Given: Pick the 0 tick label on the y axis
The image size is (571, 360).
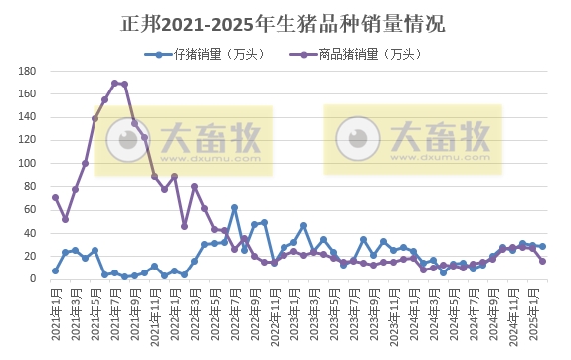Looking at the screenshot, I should [x=34, y=279].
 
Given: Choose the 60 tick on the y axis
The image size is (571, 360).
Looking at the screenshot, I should [x=31, y=210].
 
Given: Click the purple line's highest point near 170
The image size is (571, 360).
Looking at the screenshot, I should [x=114, y=83].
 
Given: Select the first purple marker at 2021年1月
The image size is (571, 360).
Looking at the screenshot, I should [x=55, y=197].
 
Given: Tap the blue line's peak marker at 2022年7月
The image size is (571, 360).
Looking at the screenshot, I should [x=234, y=208].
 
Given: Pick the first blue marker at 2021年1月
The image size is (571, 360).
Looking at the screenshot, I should [x=55, y=270].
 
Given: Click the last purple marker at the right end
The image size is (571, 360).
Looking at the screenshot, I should [x=542, y=261].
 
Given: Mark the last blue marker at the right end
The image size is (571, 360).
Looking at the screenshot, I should [x=542, y=246].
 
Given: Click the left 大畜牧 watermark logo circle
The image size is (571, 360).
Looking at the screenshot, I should [x=127, y=139].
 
